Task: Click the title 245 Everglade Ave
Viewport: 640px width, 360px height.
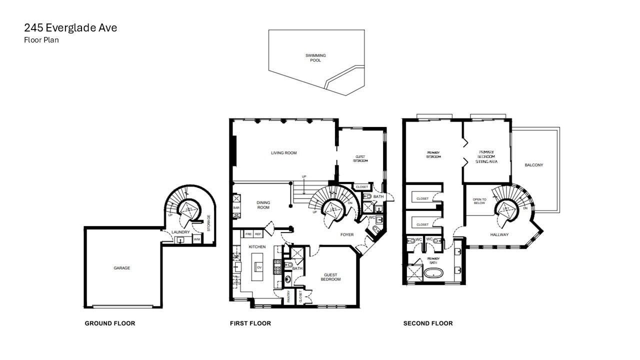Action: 70,28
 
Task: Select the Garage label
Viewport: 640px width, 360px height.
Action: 121,268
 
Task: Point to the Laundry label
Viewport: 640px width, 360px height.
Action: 180,232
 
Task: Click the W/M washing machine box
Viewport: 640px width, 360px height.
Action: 196,240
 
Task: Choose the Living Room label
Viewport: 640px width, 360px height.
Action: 283,153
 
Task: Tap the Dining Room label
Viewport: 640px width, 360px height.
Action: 263,205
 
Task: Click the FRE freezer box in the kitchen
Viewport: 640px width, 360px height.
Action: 248,234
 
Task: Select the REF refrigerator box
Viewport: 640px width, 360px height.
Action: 258,234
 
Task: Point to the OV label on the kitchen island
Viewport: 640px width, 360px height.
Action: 259,267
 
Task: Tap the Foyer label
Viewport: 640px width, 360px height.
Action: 346,234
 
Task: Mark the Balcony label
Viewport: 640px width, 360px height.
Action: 533,165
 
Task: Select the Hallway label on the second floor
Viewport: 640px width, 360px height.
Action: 499,234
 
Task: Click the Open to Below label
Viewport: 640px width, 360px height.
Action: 479,201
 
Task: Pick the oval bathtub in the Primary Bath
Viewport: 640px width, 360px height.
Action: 433,273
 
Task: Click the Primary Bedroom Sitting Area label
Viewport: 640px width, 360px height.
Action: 486,157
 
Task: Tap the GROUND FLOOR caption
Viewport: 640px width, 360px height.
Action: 109,323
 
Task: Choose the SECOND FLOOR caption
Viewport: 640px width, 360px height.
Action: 427,323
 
